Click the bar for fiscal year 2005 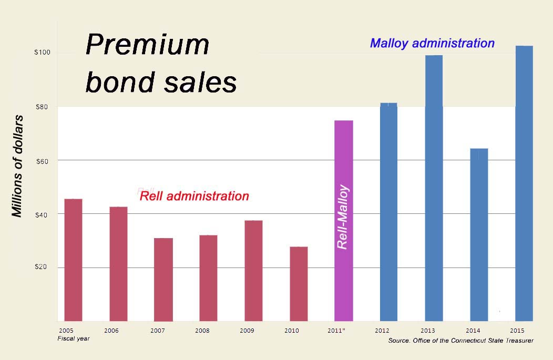point(73,260)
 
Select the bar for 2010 point(299,284)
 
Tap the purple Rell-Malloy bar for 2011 point(344,221)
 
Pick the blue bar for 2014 point(479,234)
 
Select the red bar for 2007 point(163,279)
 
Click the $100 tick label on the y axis point(42,53)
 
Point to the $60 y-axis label point(42,161)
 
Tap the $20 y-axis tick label point(42,268)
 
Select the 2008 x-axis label point(202,331)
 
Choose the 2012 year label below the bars point(382,331)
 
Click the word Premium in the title point(147,45)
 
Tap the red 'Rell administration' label point(194,196)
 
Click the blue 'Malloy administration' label point(432,43)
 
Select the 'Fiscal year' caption point(73,339)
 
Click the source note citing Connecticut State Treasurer point(460,341)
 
